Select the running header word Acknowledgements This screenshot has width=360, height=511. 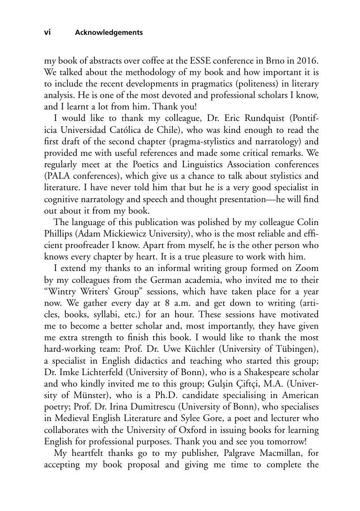pyautogui.click(x=109, y=33)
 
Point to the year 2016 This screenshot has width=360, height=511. pyautogui.click(x=304, y=60)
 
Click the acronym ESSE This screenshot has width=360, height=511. pyautogui.click(x=200, y=60)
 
